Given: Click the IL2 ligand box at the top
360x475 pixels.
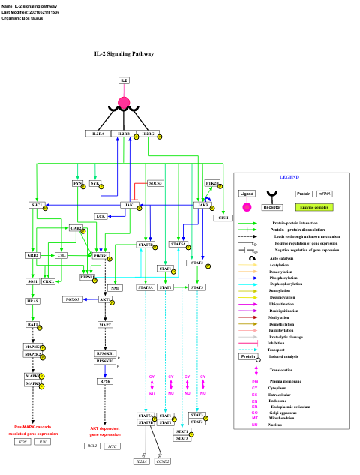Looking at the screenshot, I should [x=124, y=80].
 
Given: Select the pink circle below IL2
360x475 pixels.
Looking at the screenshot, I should [x=124, y=104].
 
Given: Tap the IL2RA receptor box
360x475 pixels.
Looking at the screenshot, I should [x=97, y=134].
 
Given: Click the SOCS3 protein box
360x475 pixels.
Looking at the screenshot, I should [x=155, y=183].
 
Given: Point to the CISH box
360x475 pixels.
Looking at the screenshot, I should [x=223, y=218].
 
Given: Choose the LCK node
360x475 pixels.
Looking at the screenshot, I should [x=100, y=216].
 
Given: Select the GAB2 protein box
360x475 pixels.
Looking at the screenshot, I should [x=76, y=227].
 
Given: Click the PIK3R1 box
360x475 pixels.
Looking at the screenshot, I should [x=100, y=256].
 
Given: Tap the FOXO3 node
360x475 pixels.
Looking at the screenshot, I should [x=72, y=299].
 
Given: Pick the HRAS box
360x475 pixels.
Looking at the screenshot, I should [x=33, y=301].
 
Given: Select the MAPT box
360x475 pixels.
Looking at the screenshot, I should [x=106, y=325].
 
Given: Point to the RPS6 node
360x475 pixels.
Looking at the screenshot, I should [x=105, y=381].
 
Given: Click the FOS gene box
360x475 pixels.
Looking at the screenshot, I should [x=23, y=442].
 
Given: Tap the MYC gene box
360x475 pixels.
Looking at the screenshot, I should [x=112, y=446].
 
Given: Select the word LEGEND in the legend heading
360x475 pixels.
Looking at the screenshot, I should [x=289, y=177].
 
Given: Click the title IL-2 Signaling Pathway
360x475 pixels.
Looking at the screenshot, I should [x=124, y=54].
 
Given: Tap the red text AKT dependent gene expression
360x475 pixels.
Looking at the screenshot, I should [x=105, y=431].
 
